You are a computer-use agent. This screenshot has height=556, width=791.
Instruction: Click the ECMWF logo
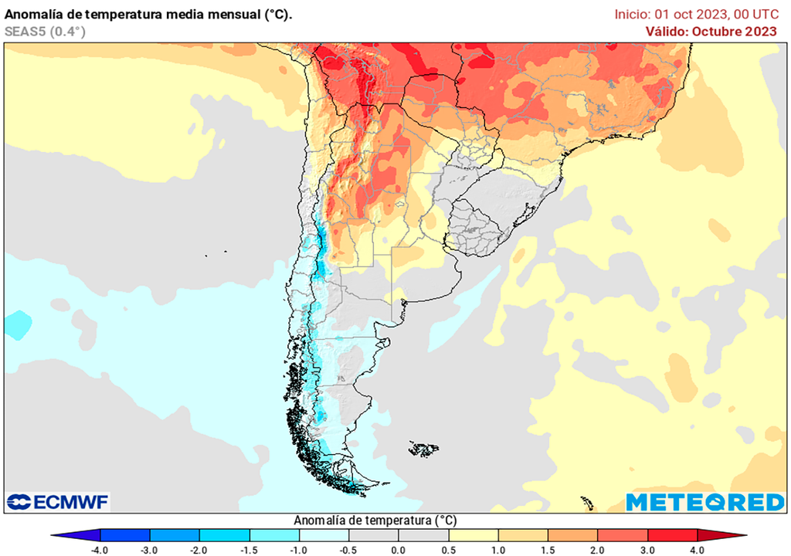(x=58, y=502)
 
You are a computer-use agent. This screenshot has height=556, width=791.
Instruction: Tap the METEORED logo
(x=704, y=502)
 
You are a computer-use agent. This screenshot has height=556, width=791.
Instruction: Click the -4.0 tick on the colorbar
(x=99, y=550)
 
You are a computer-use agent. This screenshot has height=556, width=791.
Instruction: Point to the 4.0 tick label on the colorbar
(x=697, y=550)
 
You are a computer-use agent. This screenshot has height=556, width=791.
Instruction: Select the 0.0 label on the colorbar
(x=398, y=550)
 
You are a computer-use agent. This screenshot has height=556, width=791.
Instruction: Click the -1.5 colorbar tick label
(x=249, y=550)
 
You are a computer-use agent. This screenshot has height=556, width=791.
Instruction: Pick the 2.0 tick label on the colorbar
(x=598, y=550)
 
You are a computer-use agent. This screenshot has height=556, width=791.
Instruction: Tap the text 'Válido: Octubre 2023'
(x=711, y=31)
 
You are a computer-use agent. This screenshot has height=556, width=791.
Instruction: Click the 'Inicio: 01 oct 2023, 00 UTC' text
(x=696, y=14)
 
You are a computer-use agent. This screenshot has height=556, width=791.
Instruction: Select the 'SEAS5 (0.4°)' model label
(x=45, y=31)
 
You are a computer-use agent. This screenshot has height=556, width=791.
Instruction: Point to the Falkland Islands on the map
(x=423, y=448)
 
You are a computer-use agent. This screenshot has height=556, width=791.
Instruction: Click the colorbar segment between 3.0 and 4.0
(x=672, y=535)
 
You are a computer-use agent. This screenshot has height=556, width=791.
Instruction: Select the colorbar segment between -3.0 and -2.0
(x=175, y=535)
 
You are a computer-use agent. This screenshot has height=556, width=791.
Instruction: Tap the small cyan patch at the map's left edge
(x=17, y=324)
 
